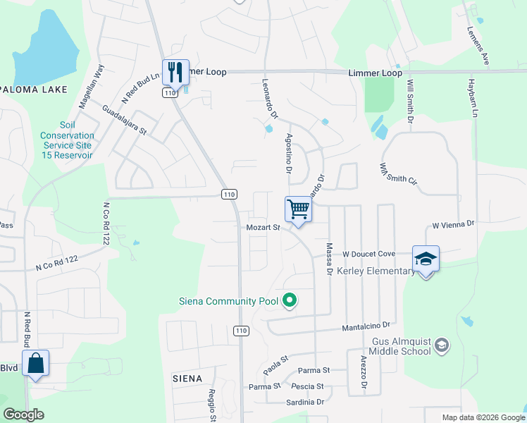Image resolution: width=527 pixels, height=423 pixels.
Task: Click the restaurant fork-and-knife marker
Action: coord(175,71)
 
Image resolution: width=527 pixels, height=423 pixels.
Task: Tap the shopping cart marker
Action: coord(298,209)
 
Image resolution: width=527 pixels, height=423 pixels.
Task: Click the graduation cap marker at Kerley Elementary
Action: coord(426,259)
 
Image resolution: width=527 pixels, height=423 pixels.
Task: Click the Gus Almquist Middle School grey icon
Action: coord(441,345)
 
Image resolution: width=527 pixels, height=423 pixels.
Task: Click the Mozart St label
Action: coord(263,228)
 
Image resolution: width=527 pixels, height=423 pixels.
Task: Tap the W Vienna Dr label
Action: coord(454,225)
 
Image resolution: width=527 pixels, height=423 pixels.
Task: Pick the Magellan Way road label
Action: coord(92,86)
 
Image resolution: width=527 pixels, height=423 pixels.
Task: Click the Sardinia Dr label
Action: coord(305,402)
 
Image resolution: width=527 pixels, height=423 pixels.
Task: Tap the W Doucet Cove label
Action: coord(368,254)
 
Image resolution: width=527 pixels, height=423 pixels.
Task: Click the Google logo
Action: coord(24,415)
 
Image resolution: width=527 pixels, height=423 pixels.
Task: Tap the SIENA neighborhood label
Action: coord(188,379)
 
